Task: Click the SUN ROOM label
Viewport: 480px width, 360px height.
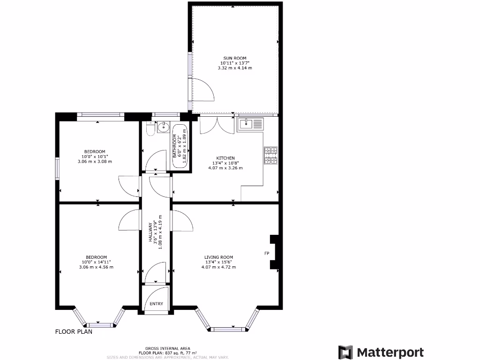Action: [x=235, y=58]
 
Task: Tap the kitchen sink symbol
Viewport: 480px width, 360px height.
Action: [x=251, y=124]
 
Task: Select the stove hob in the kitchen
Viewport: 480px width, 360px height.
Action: [x=271, y=156]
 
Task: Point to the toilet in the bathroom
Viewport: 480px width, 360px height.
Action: [x=150, y=129]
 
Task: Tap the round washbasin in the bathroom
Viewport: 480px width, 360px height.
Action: [x=164, y=127]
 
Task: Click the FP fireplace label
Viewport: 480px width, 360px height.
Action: [x=266, y=253]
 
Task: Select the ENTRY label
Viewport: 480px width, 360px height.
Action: [x=156, y=304]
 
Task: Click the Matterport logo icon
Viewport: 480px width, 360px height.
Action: [x=345, y=352]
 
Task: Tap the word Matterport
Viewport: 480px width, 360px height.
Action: [x=390, y=352]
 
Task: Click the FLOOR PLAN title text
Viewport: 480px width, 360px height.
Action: [x=74, y=332]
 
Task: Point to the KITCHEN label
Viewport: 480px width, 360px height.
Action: [x=225, y=158]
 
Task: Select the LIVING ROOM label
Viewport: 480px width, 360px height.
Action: [x=218, y=257]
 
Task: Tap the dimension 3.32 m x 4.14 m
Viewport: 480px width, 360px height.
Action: [x=235, y=68]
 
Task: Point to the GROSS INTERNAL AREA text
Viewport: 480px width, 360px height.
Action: [x=167, y=348]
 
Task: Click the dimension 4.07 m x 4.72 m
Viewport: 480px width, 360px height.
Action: [x=218, y=267]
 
